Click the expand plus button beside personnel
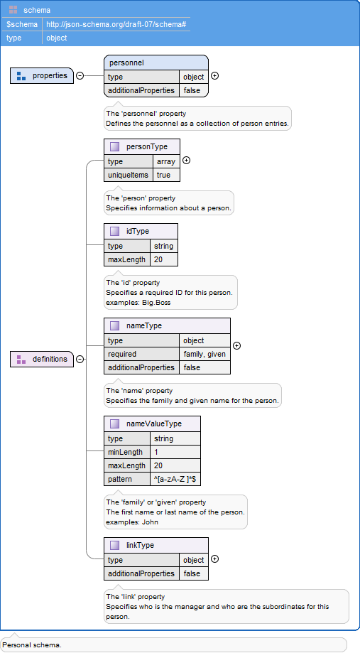(x=214, y=76)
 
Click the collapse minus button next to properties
(x=80, y=76)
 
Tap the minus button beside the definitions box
(x=80, y=359)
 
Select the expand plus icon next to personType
(x=187, y=161)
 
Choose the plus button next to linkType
(x=214, y=559)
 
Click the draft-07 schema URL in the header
(x=116, y=24)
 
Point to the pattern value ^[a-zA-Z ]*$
(x=175, y=479)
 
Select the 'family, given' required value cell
(x=204, y=354)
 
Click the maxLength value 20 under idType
(x=158, y=259)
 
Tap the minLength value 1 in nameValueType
(x=156, y=452)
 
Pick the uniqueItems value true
(x=163, y=175)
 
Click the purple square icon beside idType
(x=114, y=231)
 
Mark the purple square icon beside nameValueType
(x=114, y=423)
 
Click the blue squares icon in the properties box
(x=21, y=76)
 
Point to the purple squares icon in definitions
(x=21, y=359)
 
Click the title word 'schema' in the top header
(x=37, y=10)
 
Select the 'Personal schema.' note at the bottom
(x=32, y=645)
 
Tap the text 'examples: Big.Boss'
(x=138, y=303)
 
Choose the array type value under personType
(x=166, y=161)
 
